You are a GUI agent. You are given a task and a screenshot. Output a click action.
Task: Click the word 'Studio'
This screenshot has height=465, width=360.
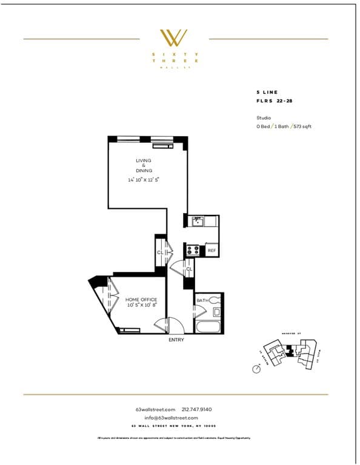pyautogui.click(x=264, y=117)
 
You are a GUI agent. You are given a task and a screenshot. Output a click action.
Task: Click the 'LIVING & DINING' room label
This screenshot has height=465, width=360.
pyautogui.click(x=144, y=165)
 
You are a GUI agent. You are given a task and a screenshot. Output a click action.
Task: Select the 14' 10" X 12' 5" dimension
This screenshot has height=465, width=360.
pyautogui.click(x=144, y=180)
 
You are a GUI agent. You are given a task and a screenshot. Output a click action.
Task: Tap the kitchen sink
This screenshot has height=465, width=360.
pyautogui.click(x=197, y=222)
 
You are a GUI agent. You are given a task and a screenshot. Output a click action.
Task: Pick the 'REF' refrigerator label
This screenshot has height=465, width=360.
pyautogui.click(x=212, y=250)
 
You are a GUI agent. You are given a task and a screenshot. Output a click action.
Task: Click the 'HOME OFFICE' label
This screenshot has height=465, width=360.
pyautogui.click(x=141, y=300)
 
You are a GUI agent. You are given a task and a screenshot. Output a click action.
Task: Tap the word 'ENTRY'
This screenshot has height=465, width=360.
pyautogui.click(x=176, y=340)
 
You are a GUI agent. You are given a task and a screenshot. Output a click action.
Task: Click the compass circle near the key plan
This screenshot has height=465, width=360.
pyautogui.click(x=258, y=369)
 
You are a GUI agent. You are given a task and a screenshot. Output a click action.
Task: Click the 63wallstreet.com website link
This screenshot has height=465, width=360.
pyautogui.click(x=155, y=409)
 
